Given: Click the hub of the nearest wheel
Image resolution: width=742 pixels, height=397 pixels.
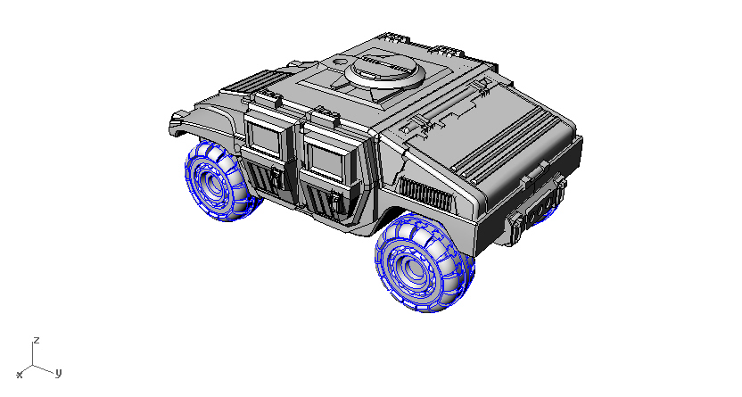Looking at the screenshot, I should [x=411, y=268].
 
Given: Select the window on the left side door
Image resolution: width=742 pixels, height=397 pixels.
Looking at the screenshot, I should [x=265, y=138].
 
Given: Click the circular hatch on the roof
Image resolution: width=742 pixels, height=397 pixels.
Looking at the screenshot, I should [x=386, y=69].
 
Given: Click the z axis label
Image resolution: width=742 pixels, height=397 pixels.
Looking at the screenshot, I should [x=36, y=340].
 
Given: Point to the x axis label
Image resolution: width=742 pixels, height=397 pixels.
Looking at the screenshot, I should [x=19, y=374].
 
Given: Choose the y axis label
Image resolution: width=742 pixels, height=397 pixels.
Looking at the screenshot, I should [x=57, y=373].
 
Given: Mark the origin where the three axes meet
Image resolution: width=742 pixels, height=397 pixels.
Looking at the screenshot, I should [x=34, y=364].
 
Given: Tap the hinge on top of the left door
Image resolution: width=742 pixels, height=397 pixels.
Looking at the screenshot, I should [x=268, y=98].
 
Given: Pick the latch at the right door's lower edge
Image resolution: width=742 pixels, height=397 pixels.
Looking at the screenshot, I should [x=335, y=203].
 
